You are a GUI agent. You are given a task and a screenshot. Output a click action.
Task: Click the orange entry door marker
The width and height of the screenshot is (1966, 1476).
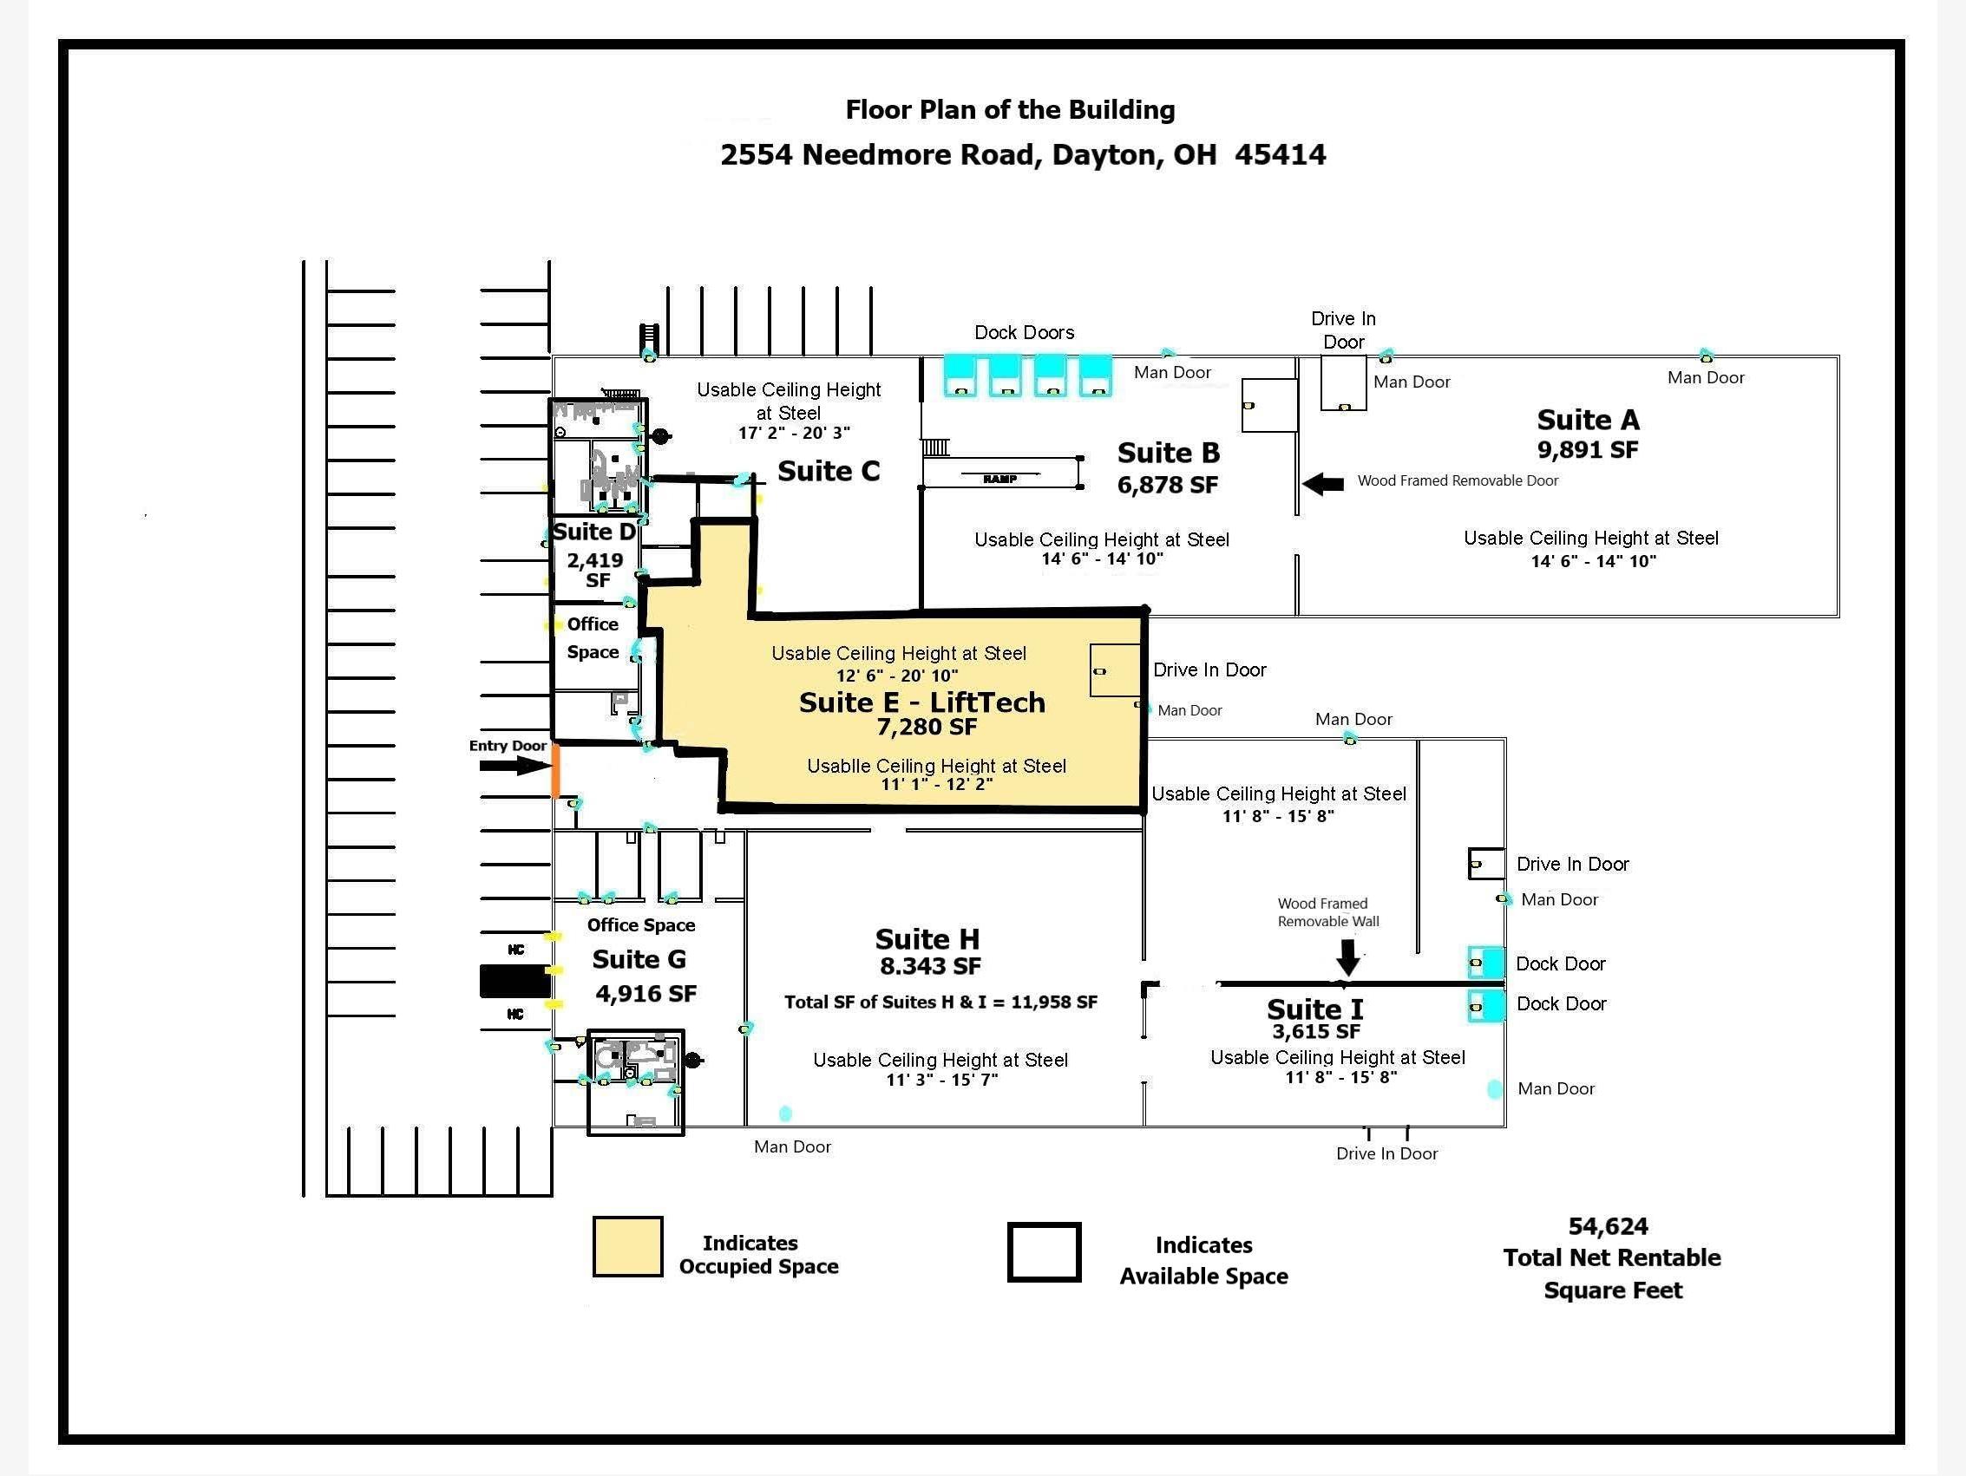[555, 770]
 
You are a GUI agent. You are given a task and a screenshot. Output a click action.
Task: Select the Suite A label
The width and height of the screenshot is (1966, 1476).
[1589, 420]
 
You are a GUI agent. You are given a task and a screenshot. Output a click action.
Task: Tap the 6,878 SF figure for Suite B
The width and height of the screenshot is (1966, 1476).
[1168, 485]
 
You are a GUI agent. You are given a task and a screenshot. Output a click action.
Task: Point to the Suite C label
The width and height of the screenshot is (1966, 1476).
[829, 471]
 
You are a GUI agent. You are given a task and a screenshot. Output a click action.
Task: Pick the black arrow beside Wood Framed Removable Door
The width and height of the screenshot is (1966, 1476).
[1323, 483]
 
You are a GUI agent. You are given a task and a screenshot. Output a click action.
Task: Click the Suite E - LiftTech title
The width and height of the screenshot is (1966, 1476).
[921, 702]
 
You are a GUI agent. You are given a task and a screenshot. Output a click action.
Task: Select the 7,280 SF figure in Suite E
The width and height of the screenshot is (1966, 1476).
[927, 728]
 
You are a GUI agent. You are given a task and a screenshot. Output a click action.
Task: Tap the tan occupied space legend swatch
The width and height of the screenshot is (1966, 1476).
[627, 1247]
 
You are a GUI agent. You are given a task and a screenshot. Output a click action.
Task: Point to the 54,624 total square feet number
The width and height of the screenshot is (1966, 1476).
[1608, 1226]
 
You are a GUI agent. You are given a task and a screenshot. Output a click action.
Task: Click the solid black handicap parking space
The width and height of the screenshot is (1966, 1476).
[515, 981]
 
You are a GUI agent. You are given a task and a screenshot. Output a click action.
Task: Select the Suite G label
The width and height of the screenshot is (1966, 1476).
[639, 960]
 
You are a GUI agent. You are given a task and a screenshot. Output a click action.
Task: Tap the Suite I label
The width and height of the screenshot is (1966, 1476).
[1314, 1009]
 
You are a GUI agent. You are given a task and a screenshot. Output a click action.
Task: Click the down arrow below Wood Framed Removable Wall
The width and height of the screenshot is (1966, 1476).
[1348, 958]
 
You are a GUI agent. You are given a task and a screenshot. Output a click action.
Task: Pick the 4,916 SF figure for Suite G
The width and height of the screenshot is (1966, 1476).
[646, 994]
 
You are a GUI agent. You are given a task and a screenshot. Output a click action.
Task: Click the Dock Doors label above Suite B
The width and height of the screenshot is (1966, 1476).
[1024, 332]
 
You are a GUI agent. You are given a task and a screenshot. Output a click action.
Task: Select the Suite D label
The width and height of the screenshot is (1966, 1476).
[594, 532]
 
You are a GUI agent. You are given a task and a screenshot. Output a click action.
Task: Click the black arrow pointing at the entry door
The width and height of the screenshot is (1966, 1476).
[514, 765]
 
